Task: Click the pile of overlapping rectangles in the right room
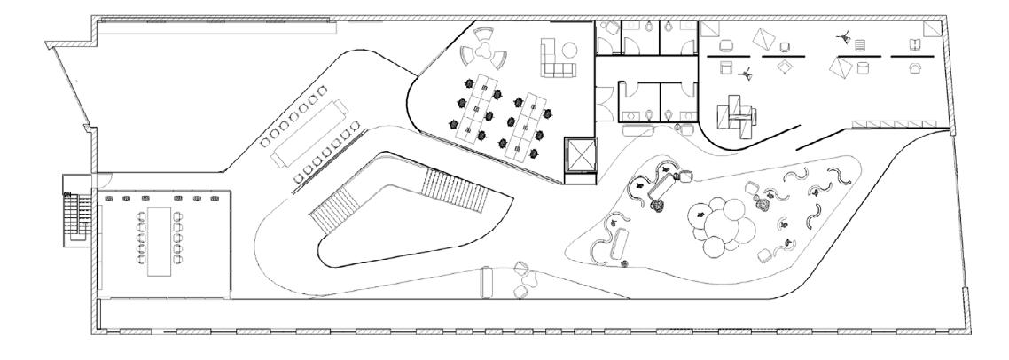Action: pos(737,113)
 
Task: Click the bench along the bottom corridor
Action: pos(485,283)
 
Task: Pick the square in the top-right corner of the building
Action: pos(927,29)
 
